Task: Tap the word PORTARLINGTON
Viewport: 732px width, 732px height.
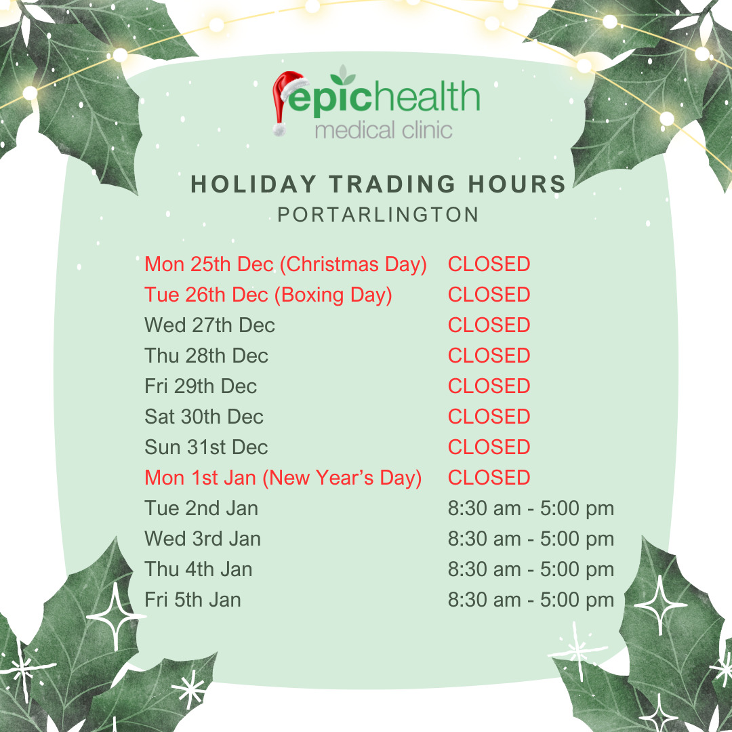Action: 378,215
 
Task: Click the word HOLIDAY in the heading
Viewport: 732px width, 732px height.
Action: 253,184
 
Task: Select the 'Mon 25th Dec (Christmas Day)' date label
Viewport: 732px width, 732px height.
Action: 285,265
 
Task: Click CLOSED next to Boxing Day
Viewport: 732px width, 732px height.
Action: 489,295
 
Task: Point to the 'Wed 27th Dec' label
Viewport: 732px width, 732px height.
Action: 209,325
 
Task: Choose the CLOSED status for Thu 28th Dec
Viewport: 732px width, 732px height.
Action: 489,356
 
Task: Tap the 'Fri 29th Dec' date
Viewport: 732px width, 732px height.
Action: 200,386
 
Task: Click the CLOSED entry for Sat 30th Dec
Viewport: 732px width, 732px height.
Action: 489,417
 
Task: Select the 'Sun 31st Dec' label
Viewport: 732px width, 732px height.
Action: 206,447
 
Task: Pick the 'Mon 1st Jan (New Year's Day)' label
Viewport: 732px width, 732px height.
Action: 283,478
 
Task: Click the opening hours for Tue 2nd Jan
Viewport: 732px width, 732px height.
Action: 531,508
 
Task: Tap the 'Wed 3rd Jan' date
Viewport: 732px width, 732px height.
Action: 202,539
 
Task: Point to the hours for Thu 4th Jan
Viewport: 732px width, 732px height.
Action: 531,569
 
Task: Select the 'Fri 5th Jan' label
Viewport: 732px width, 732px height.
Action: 192,600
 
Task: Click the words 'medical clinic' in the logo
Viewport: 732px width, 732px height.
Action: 384,130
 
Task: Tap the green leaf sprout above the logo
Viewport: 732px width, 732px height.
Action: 343,75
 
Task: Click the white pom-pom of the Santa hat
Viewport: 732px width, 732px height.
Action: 279,129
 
